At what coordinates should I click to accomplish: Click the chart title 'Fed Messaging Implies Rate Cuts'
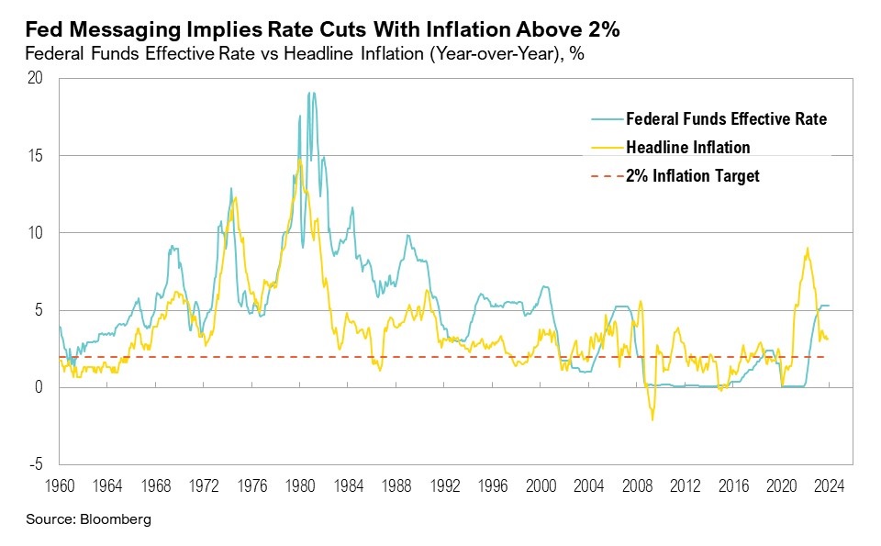(322, 30)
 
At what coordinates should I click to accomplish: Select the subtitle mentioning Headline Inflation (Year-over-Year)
(305, 54)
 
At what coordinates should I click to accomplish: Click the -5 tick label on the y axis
(35, 464)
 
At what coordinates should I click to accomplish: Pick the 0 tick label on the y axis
(39, 387)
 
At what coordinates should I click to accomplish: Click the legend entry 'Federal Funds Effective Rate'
(726, 118)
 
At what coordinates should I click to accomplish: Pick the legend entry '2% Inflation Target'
(692, 175)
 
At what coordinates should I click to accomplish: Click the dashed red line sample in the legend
(606, 175)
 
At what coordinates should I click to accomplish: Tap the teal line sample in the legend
(606, 118)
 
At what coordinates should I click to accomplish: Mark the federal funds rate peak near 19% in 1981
(312, 93)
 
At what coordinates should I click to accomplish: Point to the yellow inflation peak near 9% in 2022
(807, 249)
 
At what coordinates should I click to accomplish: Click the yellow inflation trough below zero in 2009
(652, 419)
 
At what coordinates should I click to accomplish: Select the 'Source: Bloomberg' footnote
(88, 519)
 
